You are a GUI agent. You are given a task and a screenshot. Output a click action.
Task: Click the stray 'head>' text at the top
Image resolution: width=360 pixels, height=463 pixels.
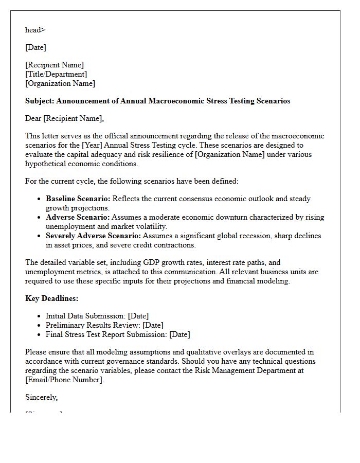[35, 30]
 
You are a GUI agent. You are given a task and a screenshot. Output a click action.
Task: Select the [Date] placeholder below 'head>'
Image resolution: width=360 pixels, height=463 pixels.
[35, 47]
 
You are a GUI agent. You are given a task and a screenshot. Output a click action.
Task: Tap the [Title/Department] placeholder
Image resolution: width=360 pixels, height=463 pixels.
[56, 74]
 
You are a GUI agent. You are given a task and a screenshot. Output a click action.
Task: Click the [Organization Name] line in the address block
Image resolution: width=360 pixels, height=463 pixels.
[60, 83]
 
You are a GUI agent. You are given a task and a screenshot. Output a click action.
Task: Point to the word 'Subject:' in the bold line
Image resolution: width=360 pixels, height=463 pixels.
[40, 101]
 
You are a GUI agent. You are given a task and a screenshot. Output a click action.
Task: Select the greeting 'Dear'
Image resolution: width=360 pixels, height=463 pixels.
[33, 118]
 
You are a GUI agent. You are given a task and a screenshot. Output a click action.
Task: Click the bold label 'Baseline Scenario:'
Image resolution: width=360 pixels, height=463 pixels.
[78, 199]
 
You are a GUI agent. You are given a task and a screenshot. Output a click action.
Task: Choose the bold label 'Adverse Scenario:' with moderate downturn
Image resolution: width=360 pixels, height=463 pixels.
[77, 217]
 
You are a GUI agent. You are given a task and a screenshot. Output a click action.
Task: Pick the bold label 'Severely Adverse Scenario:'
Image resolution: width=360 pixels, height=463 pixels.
[93, 236]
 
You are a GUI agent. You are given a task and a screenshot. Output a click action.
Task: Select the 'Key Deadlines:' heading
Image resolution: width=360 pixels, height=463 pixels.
[51, 298]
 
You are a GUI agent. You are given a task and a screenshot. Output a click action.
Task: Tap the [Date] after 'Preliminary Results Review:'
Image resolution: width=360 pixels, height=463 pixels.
[153, 325]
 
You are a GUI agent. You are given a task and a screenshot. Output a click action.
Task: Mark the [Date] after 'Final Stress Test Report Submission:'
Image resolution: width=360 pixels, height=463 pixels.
[179, 334]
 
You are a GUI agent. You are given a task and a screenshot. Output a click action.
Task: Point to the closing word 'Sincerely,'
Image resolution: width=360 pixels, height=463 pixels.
[42, 397]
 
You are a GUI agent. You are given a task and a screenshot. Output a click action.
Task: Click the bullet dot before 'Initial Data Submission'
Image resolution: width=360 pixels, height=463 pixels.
[40, 316]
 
